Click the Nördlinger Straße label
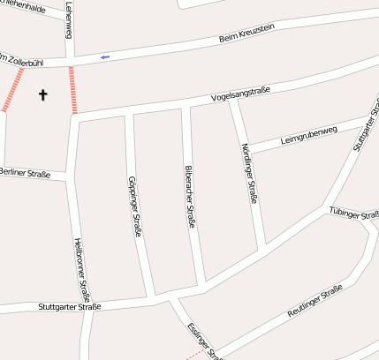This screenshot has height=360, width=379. click(x=248, y=174)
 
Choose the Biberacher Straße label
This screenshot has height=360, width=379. click(x=189, y=197)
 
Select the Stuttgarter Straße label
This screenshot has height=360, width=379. click(x=70, y=307)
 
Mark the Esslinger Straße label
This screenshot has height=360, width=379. click(x=203, y=341)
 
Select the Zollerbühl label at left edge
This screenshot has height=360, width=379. click(x=19, y=61)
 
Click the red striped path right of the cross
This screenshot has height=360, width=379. click(x=72, y=89)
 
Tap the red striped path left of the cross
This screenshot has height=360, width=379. click(x=12, y=90)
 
